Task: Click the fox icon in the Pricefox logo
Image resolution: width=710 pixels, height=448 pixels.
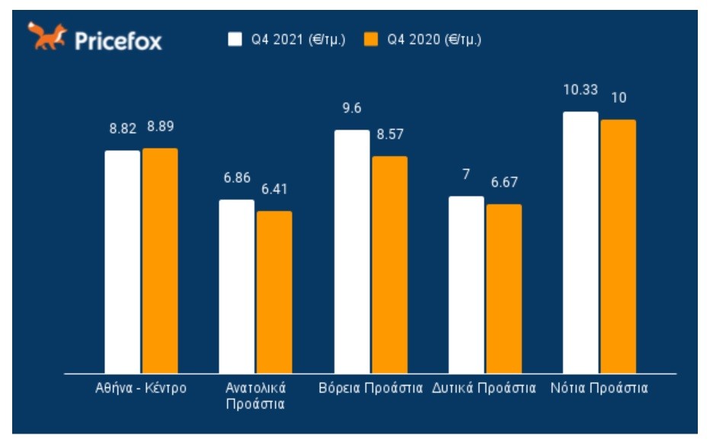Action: (47, 37)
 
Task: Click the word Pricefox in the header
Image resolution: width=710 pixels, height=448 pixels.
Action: (118, 40)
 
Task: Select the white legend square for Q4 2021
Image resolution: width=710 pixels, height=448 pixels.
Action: (235, 39)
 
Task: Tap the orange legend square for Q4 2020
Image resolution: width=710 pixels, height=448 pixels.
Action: (371, 39)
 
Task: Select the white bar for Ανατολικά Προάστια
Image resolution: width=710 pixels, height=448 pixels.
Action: (237, 286)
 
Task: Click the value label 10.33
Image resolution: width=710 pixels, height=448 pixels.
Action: (580, 90)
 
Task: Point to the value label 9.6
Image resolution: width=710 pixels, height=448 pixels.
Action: (351, 108)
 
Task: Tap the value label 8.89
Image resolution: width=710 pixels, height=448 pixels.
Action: (160, 127)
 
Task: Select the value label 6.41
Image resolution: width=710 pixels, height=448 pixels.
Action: (274, 189)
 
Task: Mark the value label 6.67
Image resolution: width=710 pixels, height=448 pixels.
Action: (504, 183)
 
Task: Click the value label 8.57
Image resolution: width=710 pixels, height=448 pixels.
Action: (389, 134)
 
